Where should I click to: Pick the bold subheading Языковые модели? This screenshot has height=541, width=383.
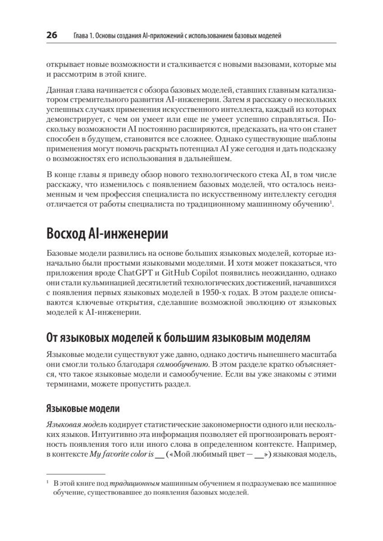coord(83,409)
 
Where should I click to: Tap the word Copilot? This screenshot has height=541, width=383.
coord(195,273)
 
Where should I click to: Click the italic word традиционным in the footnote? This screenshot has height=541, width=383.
coord(135,483)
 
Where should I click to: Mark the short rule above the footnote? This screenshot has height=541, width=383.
coord(76,474)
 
